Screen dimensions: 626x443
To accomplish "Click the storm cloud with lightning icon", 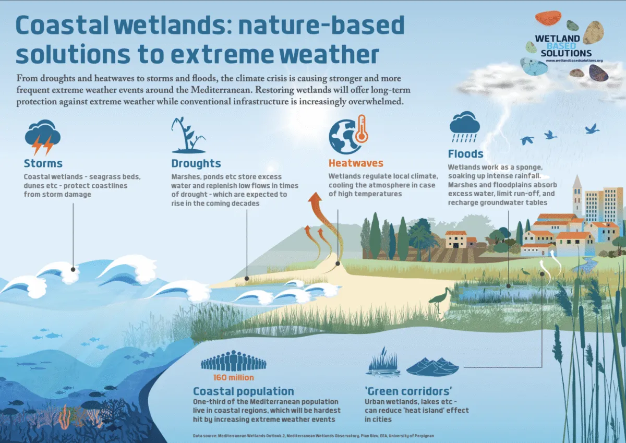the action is click(43, 137).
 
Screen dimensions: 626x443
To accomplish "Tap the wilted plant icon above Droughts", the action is click(188, 135).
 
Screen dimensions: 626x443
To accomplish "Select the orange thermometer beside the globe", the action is click(362, 129).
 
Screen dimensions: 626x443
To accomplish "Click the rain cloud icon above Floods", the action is click(464, 127).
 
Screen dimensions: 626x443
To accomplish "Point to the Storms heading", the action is click(43, 163).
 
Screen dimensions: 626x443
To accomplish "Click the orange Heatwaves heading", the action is click(356, 163).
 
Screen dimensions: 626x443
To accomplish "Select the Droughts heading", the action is click(196, 163).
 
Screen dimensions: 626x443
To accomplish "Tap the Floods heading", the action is click(465, 154).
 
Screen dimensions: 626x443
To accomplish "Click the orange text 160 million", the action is click(234, 377).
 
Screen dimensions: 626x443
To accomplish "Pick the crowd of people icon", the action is click(234, 361).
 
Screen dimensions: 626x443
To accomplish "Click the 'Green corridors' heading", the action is click(408, 391).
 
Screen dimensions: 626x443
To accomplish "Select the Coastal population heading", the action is click(244, 391).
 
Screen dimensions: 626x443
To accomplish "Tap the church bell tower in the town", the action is click(577, 196).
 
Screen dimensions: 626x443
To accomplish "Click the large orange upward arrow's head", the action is click(315, 197).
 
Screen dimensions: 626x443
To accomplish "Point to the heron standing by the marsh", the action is click(440, 300).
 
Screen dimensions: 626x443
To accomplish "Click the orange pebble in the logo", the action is click(548, 18).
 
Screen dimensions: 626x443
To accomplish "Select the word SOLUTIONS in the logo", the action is click(566, 53).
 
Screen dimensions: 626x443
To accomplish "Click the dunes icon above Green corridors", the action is click(432, 367).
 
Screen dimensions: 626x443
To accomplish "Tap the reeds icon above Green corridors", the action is click(383, 363).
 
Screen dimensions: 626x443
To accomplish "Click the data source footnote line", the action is click(314, 436).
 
